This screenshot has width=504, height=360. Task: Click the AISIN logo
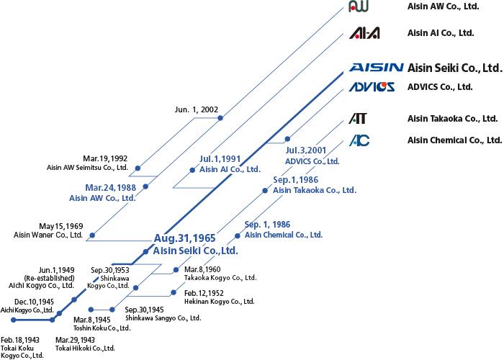pos(376,67)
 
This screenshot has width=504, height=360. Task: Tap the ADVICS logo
pos(372,87)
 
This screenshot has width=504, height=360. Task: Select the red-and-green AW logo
pos(359,6)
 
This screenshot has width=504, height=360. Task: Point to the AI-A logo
pos(364,33)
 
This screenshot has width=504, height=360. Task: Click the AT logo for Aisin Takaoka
pos(358,118)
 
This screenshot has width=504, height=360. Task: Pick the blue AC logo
pos(359,140)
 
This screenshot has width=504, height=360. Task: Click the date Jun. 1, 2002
pos(197,109)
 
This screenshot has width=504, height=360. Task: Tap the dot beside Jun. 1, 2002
pos(220,118)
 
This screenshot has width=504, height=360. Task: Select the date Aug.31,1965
pos(184,238)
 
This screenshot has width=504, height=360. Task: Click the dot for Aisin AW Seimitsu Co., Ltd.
pos(138,168)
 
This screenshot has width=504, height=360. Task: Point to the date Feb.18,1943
pos(20,340)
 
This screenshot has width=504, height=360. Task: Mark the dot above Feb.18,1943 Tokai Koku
pos(13,320)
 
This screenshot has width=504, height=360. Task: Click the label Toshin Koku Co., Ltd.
pos(102,328)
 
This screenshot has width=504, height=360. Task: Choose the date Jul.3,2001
pos(306,150)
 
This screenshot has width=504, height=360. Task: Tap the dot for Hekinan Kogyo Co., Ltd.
pos(174,292)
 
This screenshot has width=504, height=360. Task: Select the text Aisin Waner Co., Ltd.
pos(48,235)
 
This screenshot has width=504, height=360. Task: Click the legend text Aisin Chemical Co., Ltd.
pos(455,140)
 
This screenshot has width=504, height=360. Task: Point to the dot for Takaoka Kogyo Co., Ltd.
pos(176,270)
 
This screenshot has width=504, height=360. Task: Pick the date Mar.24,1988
pos(111,187)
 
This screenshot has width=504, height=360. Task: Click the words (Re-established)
pos(49,278)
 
